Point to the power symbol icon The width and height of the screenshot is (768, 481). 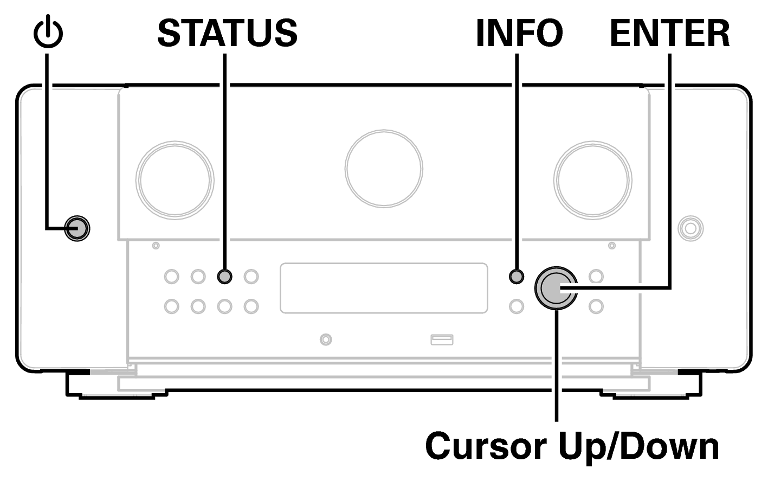[48, 34]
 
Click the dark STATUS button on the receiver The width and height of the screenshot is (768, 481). [224, 277]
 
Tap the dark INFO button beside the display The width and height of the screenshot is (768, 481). [517, 277]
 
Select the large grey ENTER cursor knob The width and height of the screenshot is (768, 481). [556, 288]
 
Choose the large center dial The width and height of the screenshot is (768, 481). [384, 168]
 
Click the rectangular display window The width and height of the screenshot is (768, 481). [384, 288]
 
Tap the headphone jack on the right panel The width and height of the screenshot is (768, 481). [690, 228]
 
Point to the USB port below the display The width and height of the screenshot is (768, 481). [442, 340]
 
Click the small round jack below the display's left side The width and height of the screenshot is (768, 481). [325, 340]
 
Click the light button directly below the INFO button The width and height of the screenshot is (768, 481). [517, 306]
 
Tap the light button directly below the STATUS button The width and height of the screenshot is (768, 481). [224, 306]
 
